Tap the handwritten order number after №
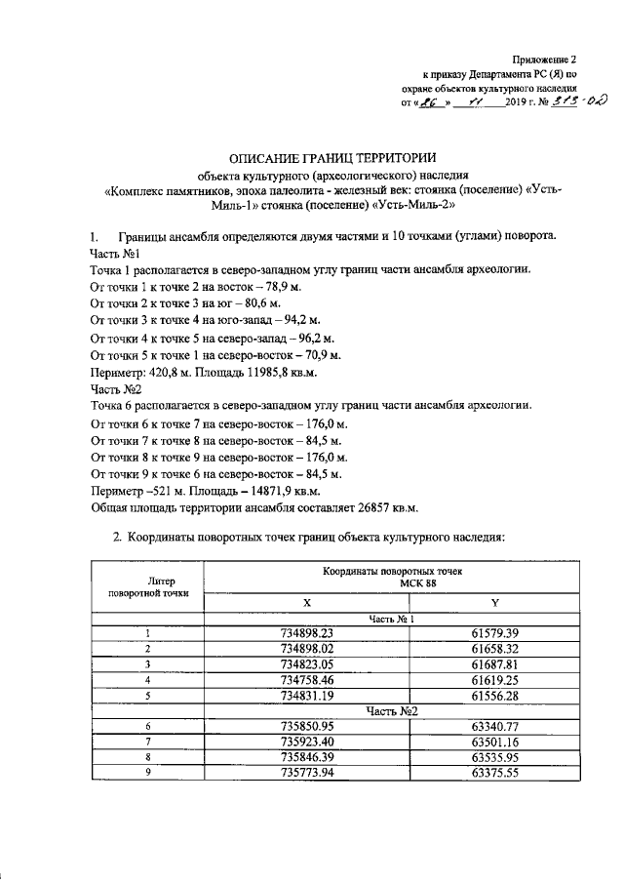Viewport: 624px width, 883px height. tap(576, 104)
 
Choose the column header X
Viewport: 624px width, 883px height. tap(306, 602)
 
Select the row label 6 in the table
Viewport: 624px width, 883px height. tap(147, 726)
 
